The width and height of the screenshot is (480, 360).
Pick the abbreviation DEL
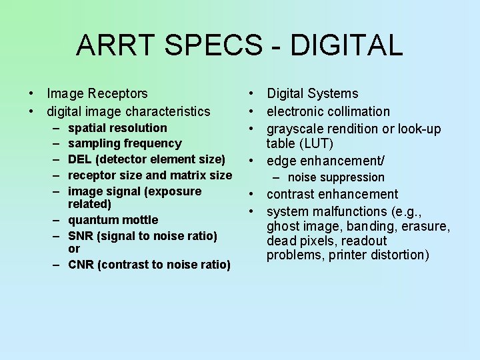(81, 159)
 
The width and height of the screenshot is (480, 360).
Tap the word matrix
(190, 175)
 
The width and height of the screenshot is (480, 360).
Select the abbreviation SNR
(82, 236)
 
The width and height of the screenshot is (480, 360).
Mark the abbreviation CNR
(82, 265)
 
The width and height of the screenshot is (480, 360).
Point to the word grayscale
(295, 129)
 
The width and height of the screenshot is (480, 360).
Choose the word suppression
(353, 177)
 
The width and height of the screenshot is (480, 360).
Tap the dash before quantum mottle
(53, 220)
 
